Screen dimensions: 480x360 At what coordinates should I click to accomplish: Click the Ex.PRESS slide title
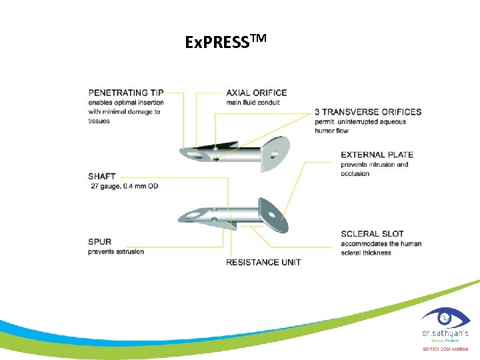pyautogui.click(x=225, y=42)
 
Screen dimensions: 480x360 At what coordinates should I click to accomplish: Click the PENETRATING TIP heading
pyautogui.click(x=126, y=92)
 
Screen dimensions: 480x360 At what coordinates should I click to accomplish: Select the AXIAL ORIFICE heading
pyautogui.click(x=257, y=92)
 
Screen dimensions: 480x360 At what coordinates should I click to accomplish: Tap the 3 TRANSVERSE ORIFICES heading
pyautogui.click(x=369, y=111)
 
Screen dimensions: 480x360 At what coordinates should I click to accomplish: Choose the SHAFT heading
pyautogui.click(x=101, y=177)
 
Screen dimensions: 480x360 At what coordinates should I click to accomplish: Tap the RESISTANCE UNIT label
pyautogui.click(x=263, y=262)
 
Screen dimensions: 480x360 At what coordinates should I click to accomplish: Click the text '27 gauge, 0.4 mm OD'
pyautogui.click(x=124, y=186)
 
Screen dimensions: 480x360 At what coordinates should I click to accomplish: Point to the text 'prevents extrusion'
pyautogui.click(x=116, y=251)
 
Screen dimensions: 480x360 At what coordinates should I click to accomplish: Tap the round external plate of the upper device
pyautogui.click(x=277, y=150)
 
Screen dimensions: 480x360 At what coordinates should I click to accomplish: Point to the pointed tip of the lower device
pyautogui.click(x=183, y=217)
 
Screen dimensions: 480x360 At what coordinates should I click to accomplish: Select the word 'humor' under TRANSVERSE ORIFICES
pyautogui.click(x=327, y=131)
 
